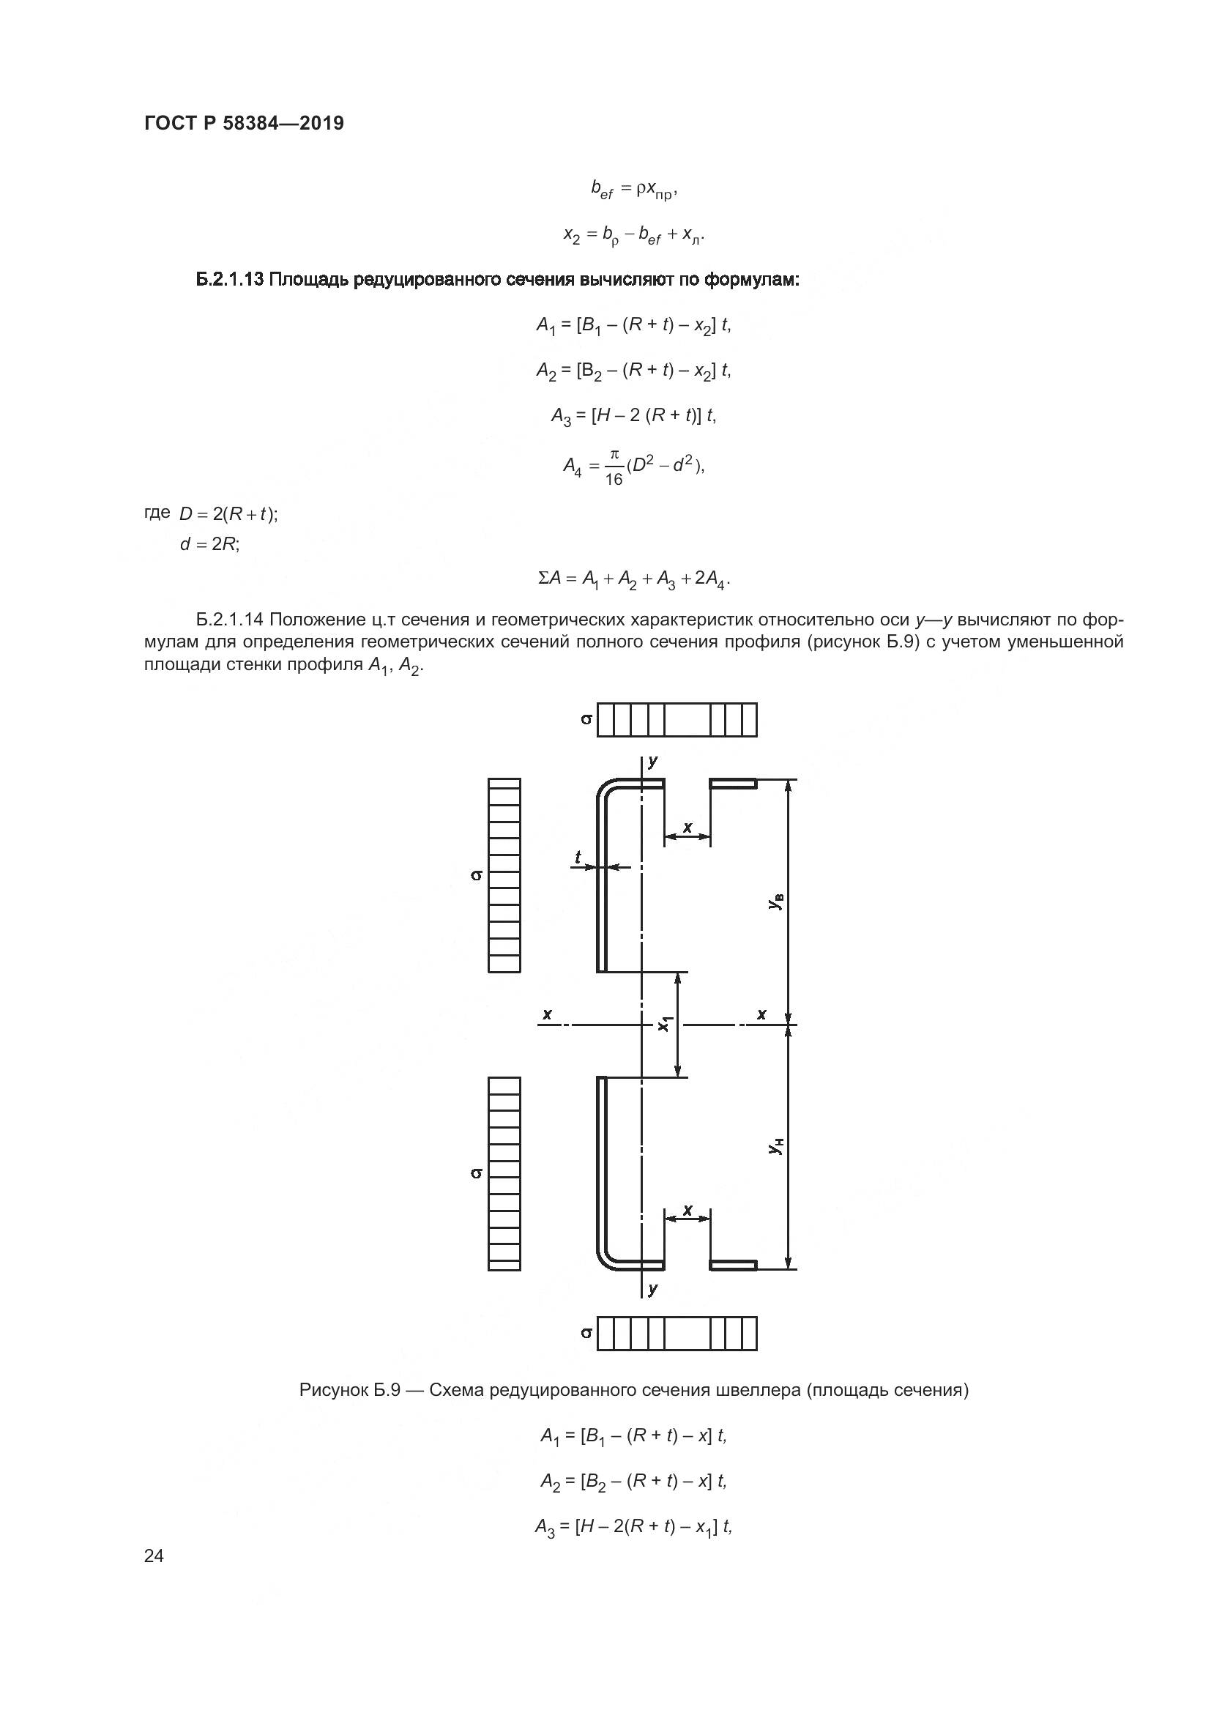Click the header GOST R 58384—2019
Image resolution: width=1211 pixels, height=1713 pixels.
(x=244, y=123)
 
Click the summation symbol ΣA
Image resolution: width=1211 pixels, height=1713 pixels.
(x=550, y=579)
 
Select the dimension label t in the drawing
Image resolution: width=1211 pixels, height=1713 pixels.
(x=578, y=858)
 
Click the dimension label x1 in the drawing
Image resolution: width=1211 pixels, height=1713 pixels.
(x=665, y=1024)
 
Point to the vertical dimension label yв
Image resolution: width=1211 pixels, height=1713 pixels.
(x=776, y=902)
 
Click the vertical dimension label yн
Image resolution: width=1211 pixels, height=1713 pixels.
(x=776, y=1146)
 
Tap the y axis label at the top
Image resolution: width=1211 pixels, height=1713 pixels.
(x=653, y=761)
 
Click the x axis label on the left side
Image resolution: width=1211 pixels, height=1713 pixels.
(x=548, y=1014)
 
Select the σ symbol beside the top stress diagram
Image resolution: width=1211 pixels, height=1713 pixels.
(x=587, y=720)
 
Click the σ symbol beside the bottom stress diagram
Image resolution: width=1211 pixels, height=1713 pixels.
(x=587, y=1333)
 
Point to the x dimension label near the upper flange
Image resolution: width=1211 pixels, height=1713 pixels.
(x=688, y=827)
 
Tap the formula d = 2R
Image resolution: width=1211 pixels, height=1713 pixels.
(x=209, y=544)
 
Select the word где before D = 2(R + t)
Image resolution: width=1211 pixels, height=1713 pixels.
(x=157, y=513)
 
